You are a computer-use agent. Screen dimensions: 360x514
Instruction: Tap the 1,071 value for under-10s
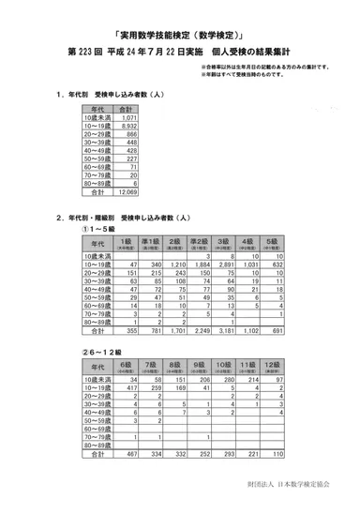click(129, 116)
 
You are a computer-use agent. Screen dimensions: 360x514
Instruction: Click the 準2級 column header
click(198, 242)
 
